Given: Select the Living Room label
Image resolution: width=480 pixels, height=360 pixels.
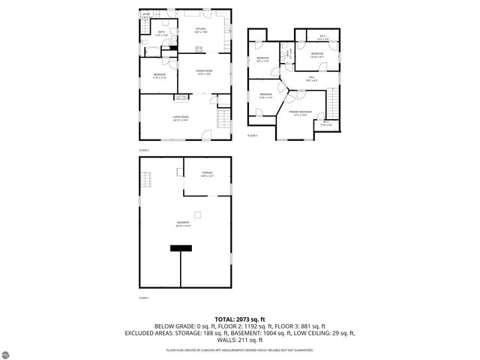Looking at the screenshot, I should [181, 117].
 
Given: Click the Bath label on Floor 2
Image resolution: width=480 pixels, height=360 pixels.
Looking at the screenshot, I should [162, 33].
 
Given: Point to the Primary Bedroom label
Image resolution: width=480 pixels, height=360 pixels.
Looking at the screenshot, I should [301, 113].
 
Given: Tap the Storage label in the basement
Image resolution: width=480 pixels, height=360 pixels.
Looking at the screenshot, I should [207, 174].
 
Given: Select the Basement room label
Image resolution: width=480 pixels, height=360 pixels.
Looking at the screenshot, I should [183, 223].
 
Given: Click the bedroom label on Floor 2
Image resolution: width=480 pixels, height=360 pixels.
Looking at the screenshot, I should [160, 75].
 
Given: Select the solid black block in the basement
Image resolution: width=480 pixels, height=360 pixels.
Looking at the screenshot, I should [181, 253].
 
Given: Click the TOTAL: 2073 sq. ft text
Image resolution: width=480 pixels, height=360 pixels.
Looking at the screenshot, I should [240, 319].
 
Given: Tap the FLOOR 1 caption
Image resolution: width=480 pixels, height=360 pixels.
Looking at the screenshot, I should [144, 298].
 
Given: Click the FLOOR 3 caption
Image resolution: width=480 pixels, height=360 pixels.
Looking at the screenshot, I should [252, 136].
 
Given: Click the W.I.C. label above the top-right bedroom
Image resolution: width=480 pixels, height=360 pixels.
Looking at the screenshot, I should [322, 36].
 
